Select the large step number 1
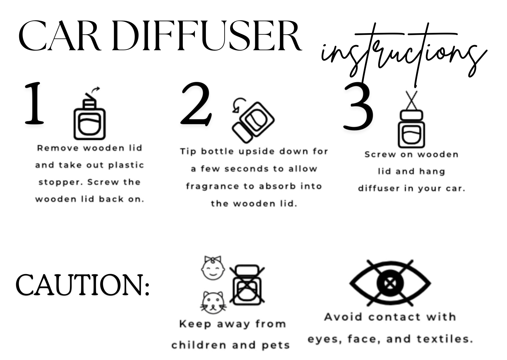[34, 103]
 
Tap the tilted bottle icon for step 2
[253, 122]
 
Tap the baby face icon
[213, 268]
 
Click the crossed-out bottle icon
[247, 285]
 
